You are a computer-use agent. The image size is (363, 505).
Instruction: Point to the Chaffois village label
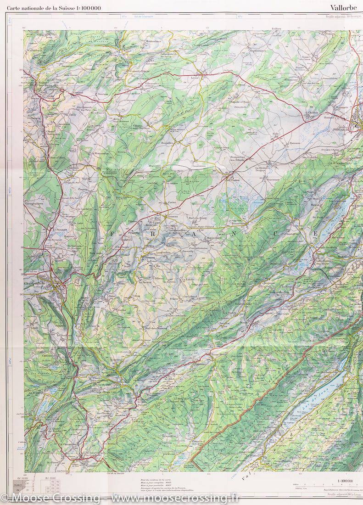(x=313, y=112)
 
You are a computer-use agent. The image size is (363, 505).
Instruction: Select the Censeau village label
(x=173, y=216)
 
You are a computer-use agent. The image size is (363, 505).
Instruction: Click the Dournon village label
(x=102, y=95)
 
